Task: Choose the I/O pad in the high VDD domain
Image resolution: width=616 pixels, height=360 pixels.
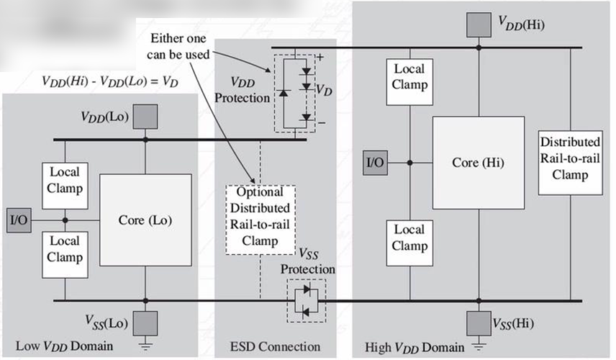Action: coord(374,163)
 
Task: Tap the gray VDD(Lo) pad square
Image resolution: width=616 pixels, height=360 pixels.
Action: coord(145,116)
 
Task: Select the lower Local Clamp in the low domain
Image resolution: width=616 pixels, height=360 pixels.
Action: coord(65,249)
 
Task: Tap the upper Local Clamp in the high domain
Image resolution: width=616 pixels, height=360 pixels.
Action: coord(409,76)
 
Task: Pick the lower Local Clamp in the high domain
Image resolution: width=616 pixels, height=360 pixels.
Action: coord(409,238)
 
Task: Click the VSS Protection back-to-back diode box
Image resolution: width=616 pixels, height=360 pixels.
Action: coord(306,300)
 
